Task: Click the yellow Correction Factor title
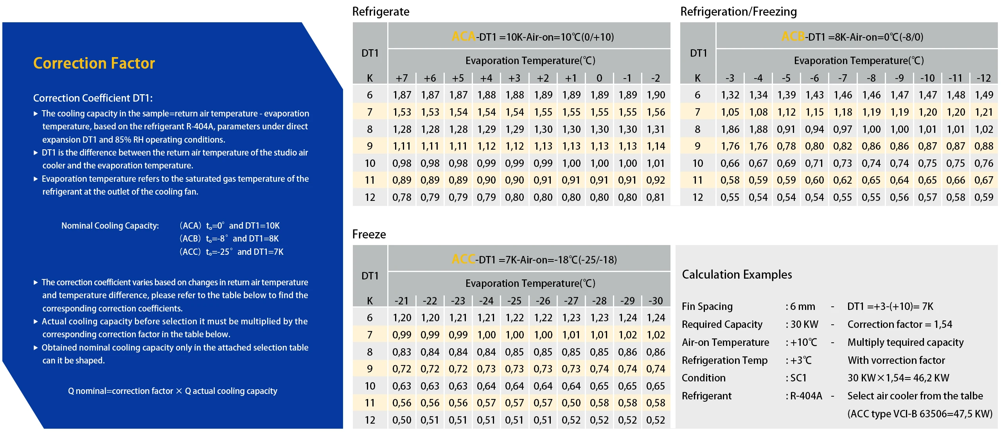(x=94, y=63)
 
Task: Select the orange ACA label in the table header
(x=464, y=37)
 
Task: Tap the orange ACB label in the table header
(x=793, y=37)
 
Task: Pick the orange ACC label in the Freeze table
(x=464, y=259)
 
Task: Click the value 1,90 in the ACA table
(x=656, y=95)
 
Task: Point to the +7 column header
(x=402, y=78)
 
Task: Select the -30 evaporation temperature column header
(x=656, y=301)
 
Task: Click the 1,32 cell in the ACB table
(x=730, y=95)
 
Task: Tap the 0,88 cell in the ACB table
(x=984, y=146)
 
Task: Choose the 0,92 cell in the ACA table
(x=656, y=180)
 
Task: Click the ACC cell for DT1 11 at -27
(x=571, y=403)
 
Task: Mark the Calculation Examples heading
(x=737, y=275)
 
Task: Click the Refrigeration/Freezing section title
(x=738, y=12)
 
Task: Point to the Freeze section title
(x=369, y=234)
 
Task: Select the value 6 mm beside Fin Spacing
(x=802, y=306)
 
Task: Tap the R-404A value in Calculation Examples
(x=806, y=396)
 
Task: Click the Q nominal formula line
(x=173, y=391)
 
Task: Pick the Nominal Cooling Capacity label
(x=110, y=225)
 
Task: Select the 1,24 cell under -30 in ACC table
(x=656, y=318)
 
